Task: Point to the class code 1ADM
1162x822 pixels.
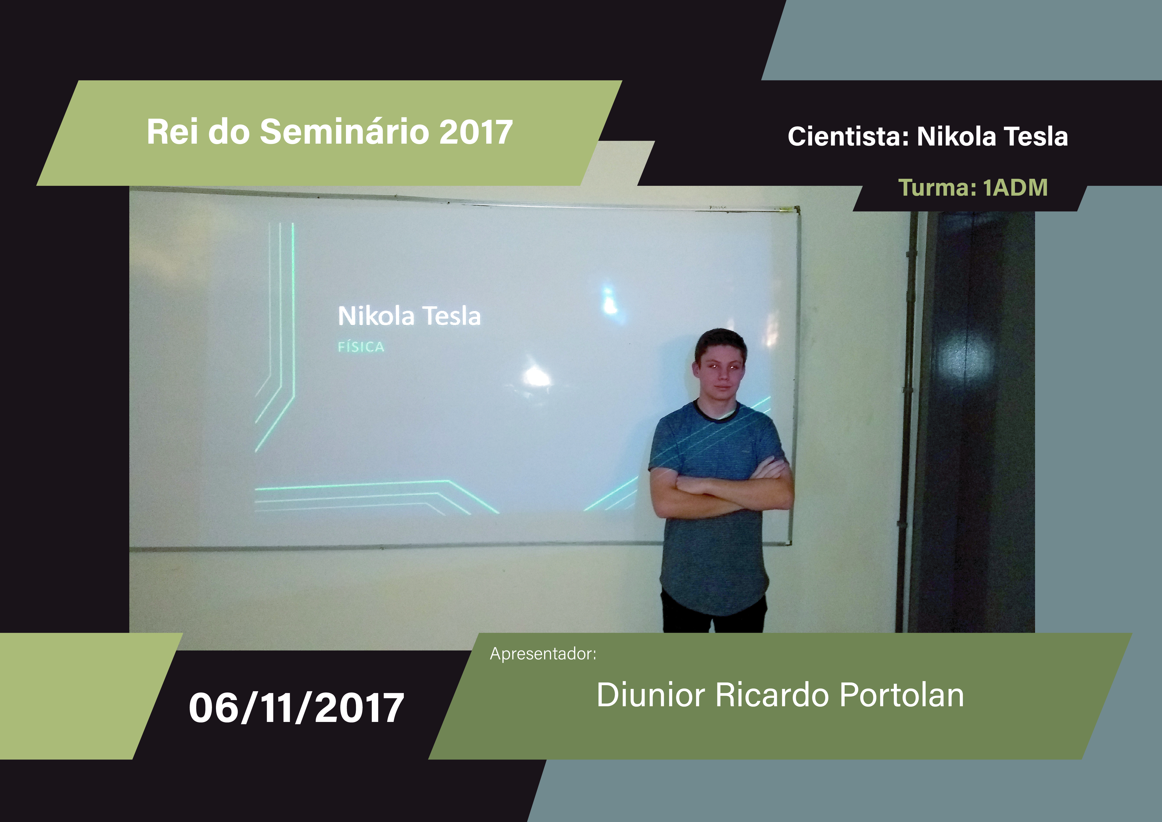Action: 1015,188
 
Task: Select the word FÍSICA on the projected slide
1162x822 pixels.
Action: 361,347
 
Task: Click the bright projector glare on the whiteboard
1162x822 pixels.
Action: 536,376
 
